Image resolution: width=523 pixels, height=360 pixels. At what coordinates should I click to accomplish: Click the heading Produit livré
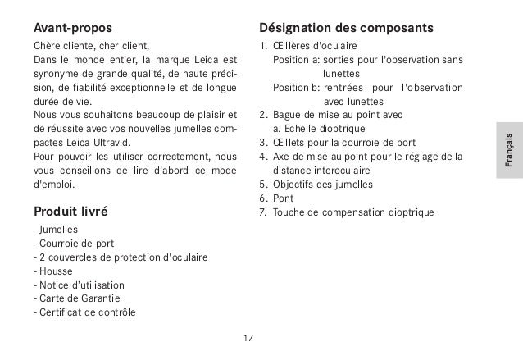pyautogui.click(x=70, y=212)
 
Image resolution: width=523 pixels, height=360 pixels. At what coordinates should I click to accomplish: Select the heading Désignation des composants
pyautogui.click(x=346, y=30)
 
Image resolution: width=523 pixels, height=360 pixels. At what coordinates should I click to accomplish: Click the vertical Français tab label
pyautogui.click(x=508, y=151)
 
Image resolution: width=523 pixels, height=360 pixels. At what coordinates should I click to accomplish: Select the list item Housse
pyautogui.click(x=52, y=271)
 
